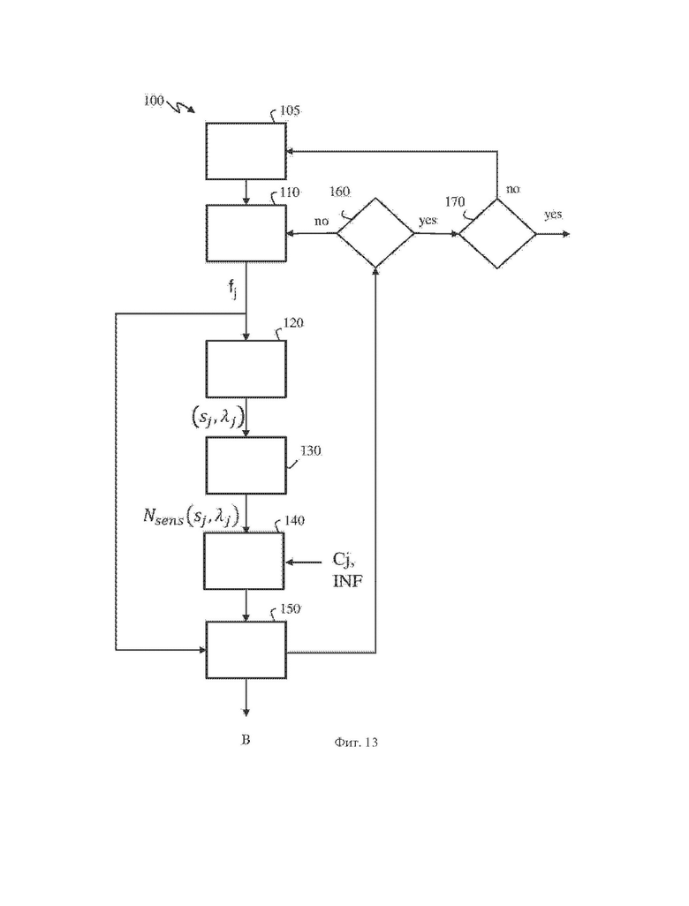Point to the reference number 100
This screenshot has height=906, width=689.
(154, 101)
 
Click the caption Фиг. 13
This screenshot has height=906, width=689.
(355, 742)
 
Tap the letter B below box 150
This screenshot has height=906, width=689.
(246, 740)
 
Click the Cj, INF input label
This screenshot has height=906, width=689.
(347, 570)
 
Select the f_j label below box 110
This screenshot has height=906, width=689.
(232, 290)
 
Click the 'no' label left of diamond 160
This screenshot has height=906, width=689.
(321, 222)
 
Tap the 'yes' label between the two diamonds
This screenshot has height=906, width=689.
(428, 220)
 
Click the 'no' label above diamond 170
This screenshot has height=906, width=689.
(512, 189)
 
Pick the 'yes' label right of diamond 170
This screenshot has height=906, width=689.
(553, 215)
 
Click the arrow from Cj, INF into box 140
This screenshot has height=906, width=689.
(304, 561)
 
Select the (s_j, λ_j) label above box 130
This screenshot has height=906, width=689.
(216, 417)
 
